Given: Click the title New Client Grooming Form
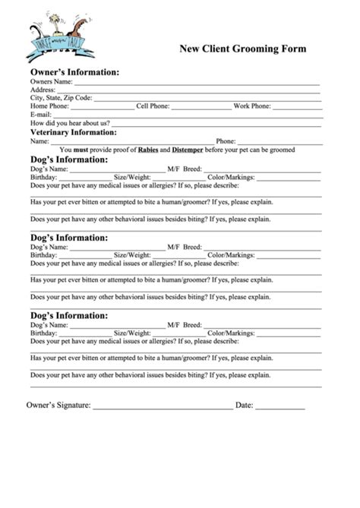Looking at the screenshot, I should click(x=242, y=49).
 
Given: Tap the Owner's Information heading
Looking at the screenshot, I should click(x=74, y=71).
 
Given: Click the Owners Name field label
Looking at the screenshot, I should click(x=51, y=80).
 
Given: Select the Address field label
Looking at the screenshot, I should click(x=43, y=89).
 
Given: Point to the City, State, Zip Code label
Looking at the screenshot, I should click(x=61, y=97).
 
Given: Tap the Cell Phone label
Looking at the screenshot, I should click(x=152, y=106).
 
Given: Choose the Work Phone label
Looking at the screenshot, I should click(x=251, y=106).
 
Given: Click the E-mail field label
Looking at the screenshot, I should click(x=41, y=115).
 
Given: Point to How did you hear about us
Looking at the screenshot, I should click(x=69, y=123).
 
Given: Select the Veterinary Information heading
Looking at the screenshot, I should click(x=73, y=132).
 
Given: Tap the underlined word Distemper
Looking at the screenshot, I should click(x=188, y=150).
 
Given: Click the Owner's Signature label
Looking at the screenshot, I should click(x=58, y=405).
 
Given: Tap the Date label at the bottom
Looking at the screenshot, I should click(x=244, y=405).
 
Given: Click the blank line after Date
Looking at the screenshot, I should click(x=279, y=408).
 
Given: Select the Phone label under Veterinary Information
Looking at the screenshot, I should click(x=226, y=141).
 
